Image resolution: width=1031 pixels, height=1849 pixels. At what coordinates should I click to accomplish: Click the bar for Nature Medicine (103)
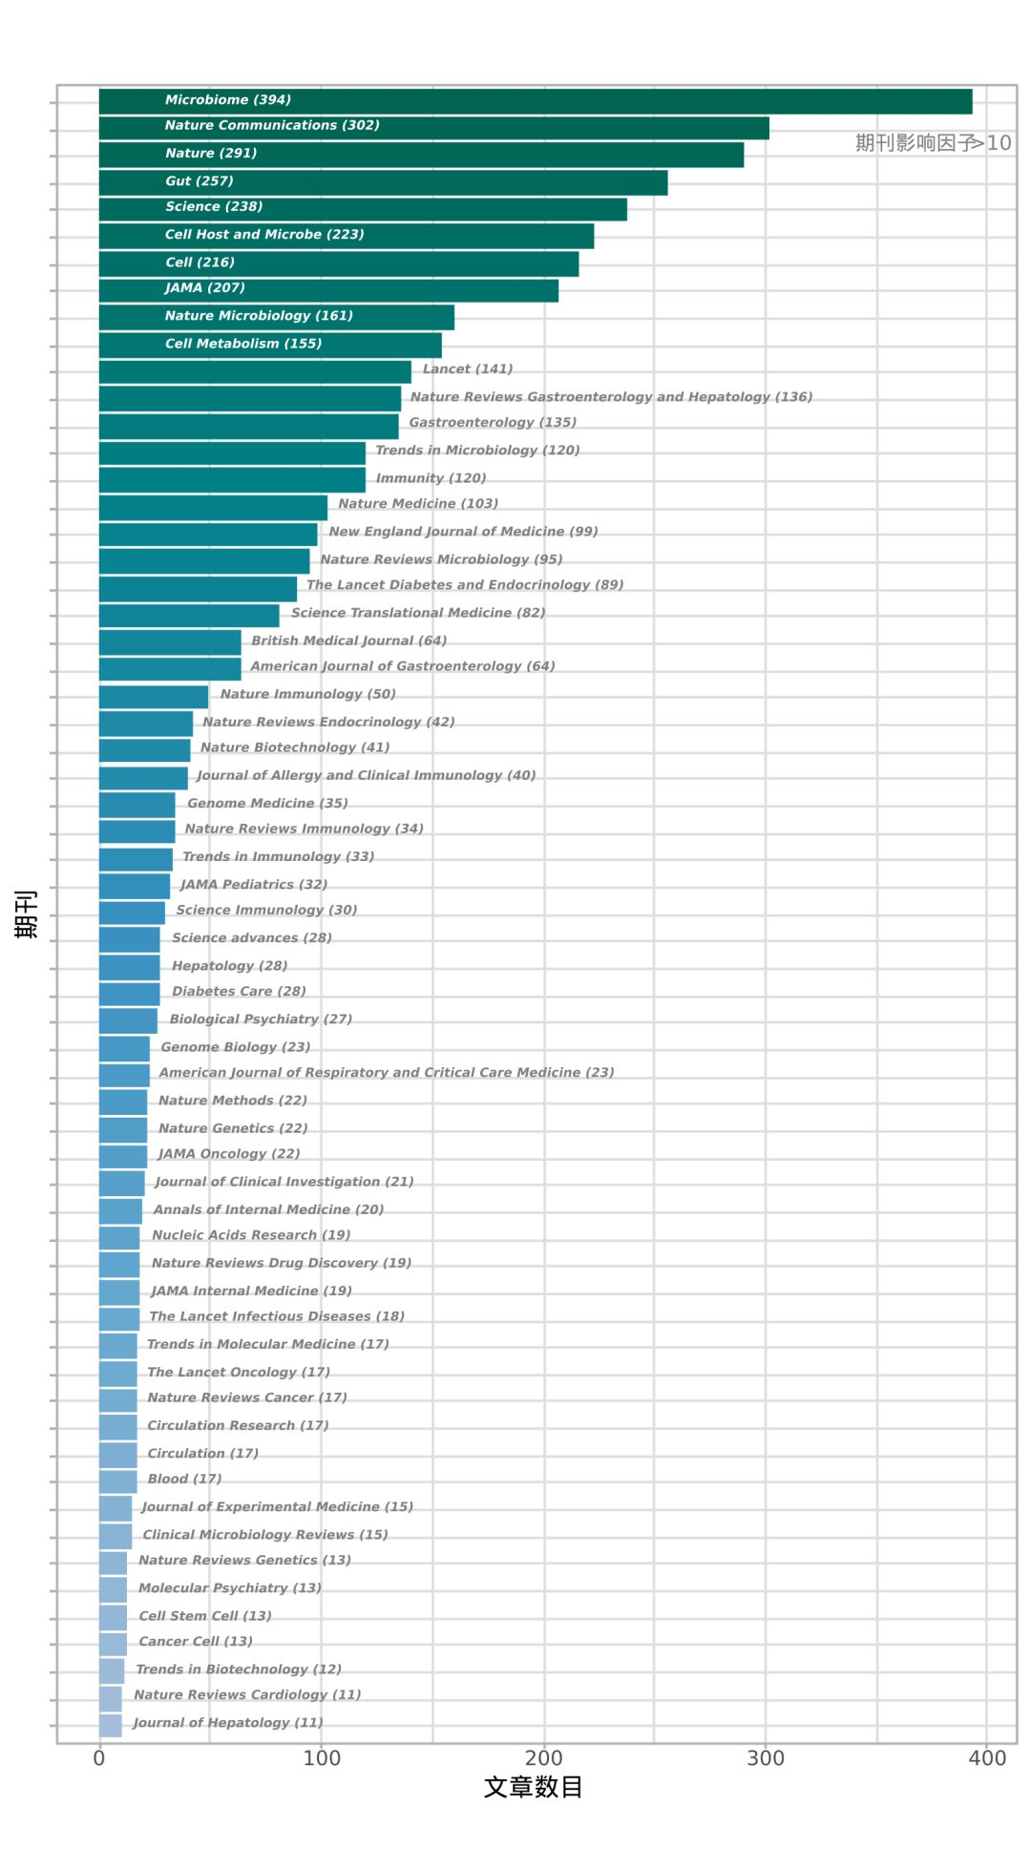[x=213, y=508]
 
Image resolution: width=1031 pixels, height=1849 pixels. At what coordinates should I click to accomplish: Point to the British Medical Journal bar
[x=170, y=642]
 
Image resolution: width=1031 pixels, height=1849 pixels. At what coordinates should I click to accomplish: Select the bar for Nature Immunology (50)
[x=154, y=697]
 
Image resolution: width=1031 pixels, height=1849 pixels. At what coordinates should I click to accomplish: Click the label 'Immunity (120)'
[x=431, y=478]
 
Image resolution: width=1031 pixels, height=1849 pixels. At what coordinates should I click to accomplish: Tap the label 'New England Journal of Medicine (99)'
[x=463, y=532]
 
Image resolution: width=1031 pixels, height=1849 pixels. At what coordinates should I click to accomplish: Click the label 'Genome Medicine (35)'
[x=267, y=804]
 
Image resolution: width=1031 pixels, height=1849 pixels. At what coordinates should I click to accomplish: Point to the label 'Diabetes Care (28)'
[x=239, y=992]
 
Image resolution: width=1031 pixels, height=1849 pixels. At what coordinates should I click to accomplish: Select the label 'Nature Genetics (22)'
[x=233, y=1128]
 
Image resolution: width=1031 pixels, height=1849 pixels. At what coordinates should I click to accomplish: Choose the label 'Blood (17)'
[x=184, y=1480]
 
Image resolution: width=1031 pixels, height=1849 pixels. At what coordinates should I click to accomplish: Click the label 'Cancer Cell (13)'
[x=196, y=1642]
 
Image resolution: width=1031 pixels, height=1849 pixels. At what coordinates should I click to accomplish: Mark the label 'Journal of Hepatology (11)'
[x=228, y=1723]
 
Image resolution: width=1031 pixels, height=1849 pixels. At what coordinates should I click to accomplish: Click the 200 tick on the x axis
[x=543, y=1758]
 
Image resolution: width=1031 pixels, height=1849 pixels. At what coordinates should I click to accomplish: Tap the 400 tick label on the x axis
[x=987, y=1758]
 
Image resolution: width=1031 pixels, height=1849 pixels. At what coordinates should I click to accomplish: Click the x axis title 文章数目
[x=533, y=1787]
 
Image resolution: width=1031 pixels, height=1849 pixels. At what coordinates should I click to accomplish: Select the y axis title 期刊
[x=26, y=914]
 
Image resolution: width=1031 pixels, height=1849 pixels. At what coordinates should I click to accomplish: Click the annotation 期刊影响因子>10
[x=933, y=143]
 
